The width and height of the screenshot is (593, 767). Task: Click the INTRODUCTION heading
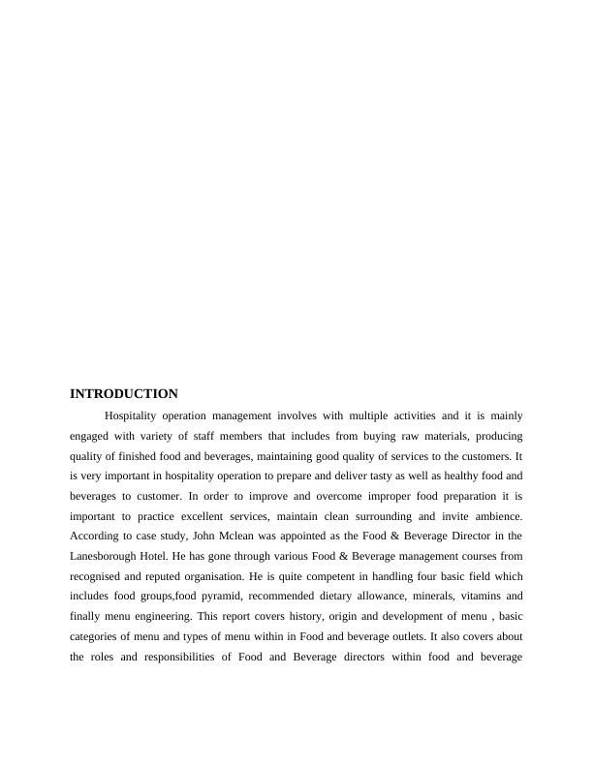(x=124, y=394)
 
